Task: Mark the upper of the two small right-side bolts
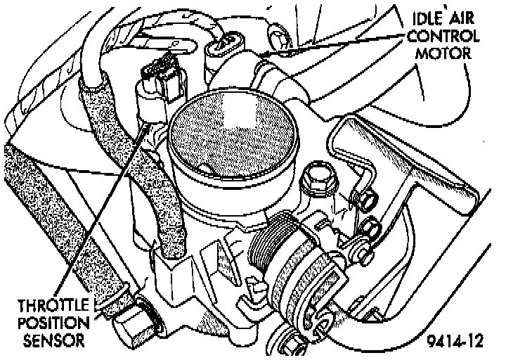pos(367,202)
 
